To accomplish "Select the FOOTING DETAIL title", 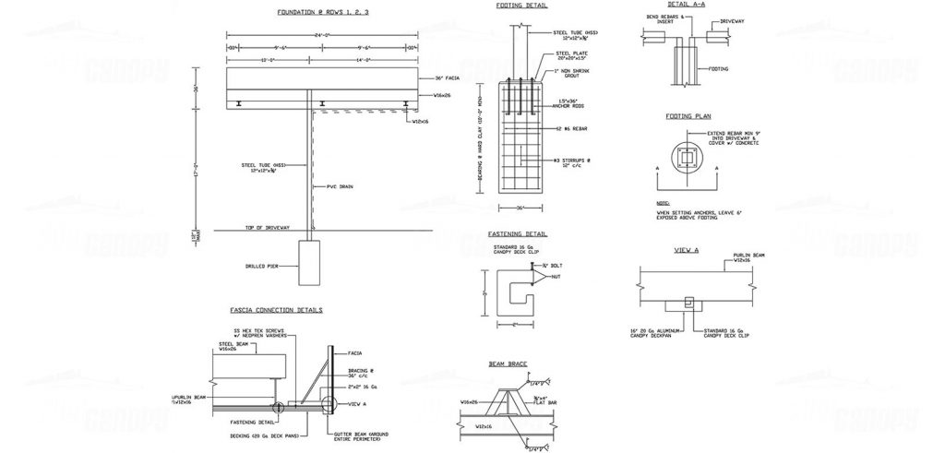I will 520,6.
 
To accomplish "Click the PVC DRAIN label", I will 341,187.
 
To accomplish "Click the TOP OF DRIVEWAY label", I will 268,226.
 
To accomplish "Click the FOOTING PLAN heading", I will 686,117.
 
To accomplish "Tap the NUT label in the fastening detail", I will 556,277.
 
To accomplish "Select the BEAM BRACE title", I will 508,364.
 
